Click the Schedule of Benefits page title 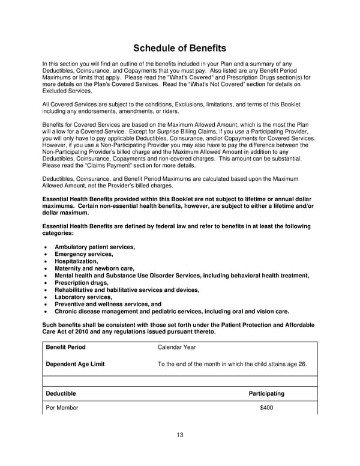point(179,47)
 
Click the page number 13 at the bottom point(180,435)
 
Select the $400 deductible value point(266,409)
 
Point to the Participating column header point(266,394)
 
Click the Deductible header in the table point(61,394)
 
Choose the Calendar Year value point(176,347)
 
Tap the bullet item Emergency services point(83,254)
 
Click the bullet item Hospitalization point(76,261)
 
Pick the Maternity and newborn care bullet point(94,268)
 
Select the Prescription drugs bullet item point(82,283)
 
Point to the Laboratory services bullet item point(83,297)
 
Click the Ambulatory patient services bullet point(95,247)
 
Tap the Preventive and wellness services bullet point(108,304)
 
